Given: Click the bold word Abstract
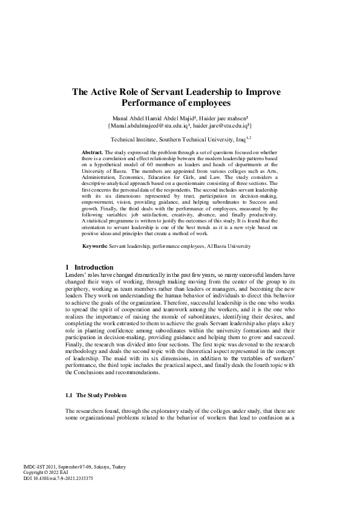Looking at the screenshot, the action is point(92,152).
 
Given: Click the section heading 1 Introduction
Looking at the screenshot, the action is point(89,267).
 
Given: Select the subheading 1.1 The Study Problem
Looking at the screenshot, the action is point(96,395).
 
